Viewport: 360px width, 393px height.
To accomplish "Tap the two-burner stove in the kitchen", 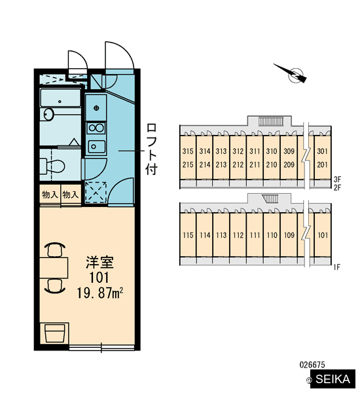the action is [x=96, y=128].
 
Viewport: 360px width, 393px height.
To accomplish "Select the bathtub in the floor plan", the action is [x=60, y=98].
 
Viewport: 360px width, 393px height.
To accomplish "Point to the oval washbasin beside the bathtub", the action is [x=48, y=115].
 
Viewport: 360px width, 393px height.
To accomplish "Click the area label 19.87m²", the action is [x=100, y=293].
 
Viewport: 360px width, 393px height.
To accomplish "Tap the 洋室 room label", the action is [x=99, y=262].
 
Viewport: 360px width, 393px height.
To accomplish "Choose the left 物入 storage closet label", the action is [x=50, y=195].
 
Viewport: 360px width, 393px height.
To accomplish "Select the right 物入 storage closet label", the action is [x=71, y=195].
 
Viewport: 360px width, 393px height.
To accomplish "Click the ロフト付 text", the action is [x=151, y=149].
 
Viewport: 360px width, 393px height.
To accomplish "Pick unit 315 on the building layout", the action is [x=188, y=151].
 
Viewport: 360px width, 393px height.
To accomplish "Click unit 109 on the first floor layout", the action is [x=289, y=235].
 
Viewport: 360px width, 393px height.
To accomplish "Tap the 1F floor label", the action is [x=336, y=267].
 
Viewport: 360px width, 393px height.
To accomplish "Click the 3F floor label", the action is [x=337, y=179].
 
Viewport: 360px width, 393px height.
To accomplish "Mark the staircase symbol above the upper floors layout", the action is [x=271, y=122].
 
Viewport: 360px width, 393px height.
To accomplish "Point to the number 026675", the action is [x=312, y=365].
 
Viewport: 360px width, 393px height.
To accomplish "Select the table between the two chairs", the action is [x=54, y=268].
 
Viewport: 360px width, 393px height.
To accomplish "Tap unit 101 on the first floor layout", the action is [x=323, y=235].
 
